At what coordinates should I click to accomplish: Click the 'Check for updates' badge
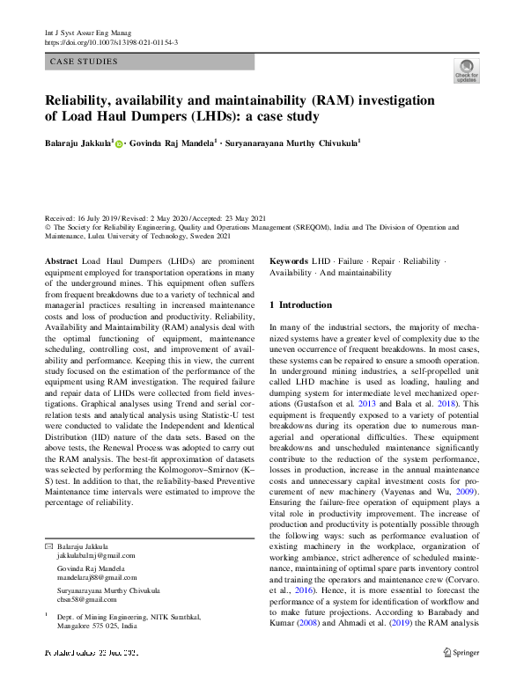tap(466, 70)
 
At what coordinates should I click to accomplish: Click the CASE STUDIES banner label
tap(85, 62)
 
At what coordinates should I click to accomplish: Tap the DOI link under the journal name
tap(111, 42)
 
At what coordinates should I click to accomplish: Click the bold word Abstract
tap(61, 262)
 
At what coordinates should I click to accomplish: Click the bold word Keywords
tap(289, 262)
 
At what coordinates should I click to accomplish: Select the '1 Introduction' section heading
tap(300, 305)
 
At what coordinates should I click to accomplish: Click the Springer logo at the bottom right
tap(461, 653)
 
